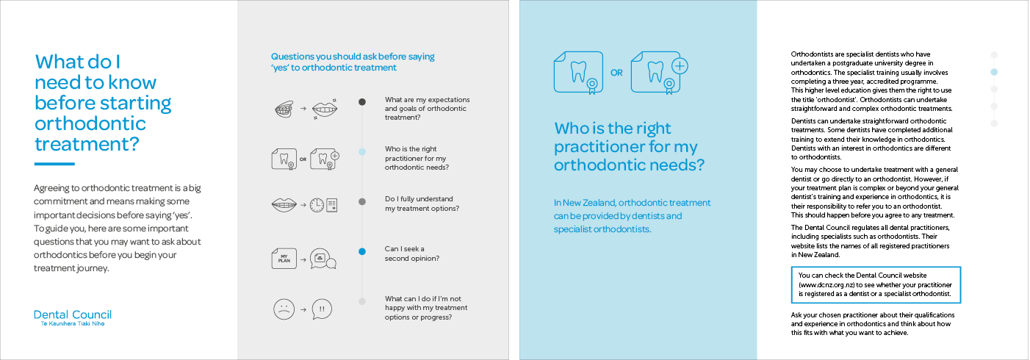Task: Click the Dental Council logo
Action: [x=73, y=317]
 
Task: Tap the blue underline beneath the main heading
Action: [x=54, y=164]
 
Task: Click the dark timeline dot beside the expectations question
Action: [x=362, y=102]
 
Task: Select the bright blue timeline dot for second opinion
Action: [x=362, y=251]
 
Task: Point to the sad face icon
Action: [x=284, y=309]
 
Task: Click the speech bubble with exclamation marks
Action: [x=322, y=309]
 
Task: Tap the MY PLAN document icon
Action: [x=284, y=259]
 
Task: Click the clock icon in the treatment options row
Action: [x=317, y=205]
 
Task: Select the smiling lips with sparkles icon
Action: [x=325, y=109]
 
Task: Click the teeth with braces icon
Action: [x=284, y=109]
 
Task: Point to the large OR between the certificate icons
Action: [x=616, y=73]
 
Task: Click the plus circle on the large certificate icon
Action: [x=680, y=66]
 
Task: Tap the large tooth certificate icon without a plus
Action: [x=578, y=73]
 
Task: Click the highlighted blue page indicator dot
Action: [x=994, y=72]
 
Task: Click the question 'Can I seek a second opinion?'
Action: [x=412, y=253]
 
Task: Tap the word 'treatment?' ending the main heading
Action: [x=87, y=144]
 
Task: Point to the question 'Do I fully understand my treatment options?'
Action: [x=422, y=204]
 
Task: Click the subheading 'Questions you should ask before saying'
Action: [x=353, y=57]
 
